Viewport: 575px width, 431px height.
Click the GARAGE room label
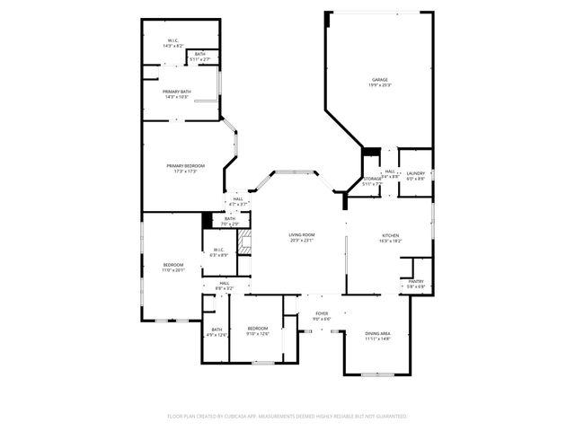click(x=379, y=80)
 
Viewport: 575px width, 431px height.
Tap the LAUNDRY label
click(x=415, y=173)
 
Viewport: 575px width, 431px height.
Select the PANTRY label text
click(x=416, y=281)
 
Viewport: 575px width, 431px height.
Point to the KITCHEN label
click(x=389, y=235)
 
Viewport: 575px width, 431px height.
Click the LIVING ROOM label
click(x=301, y=235)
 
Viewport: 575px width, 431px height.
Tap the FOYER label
click(x=322, y=313)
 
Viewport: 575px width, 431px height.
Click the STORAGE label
click(x=372, y=180)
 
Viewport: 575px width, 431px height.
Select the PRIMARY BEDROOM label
click(x=185, y=165)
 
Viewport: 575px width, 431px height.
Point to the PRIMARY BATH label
click(x=177, y=92)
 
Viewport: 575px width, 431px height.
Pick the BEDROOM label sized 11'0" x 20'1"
click(x=173, y=265)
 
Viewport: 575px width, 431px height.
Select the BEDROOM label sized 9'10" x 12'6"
click(x=258, y=329)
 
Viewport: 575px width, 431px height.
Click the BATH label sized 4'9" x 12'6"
click(x=217, y=330)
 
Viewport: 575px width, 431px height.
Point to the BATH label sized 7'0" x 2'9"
click(x=230, y=218)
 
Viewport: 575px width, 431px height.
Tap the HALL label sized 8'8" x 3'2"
click(x=223, y=284)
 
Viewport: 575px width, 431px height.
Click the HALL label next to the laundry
click(x=390, y=172)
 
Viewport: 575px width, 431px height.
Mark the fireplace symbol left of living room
click(x=243, y=242)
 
